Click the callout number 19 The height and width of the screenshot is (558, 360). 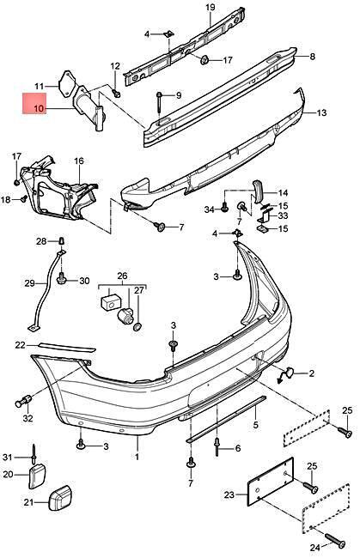coord(210,9)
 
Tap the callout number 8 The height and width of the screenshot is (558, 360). coord(312,57)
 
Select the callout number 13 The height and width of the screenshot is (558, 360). coord(321,113)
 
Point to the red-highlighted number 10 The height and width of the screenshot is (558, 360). coord(38,109)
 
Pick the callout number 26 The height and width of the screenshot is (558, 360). coord(121,276)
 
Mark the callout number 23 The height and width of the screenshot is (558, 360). coord(227,494)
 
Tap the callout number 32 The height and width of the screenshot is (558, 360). coord(28,419)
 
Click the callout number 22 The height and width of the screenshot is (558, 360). coord(21,345)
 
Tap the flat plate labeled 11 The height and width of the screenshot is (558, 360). coord(63,86)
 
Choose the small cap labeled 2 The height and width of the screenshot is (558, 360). coord(289,373)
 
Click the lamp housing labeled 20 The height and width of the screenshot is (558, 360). coord(36,474)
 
